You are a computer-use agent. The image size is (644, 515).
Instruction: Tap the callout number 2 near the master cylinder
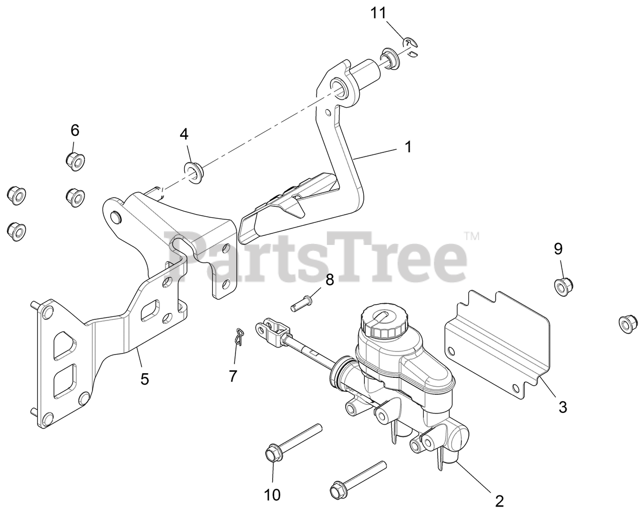pyautogui.click(x=499, y=501)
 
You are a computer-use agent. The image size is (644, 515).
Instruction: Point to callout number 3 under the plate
pyautogui.click(x=562, y=406)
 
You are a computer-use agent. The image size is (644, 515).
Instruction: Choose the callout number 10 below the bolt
pyautogui.click(x=272, y=495)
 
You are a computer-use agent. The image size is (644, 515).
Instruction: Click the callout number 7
pyautogui.click(x=233, y=375)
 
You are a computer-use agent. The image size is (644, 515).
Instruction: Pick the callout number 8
pyautogui.click(x=329, y=280)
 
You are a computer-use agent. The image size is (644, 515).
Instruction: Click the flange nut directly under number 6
pyautogui.click(x=74, y=160)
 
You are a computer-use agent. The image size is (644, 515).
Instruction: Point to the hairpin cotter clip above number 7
pyautogui.click(x=239, y=336)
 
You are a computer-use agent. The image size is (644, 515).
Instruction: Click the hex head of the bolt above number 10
pyautogui.click(x=272, y=453)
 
